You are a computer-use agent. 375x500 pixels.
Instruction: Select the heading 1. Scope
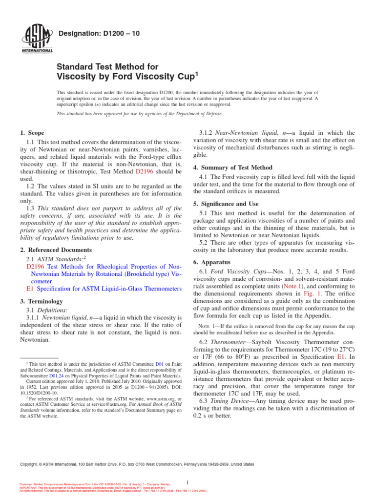[x=32, y=133]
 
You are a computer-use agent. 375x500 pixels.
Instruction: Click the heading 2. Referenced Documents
[x=53, y=250]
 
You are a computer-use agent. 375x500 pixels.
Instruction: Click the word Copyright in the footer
[x=29, y=464]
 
